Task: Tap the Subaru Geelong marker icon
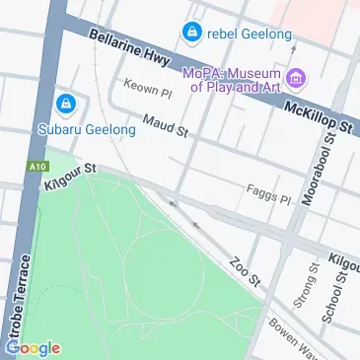pos(67,103)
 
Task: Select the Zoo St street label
pos(243,272)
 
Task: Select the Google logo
pos(32,348)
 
